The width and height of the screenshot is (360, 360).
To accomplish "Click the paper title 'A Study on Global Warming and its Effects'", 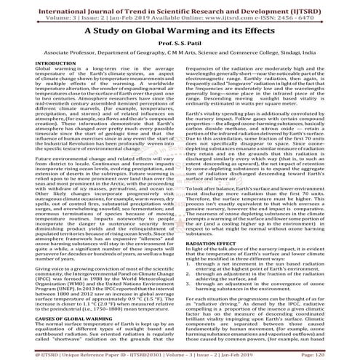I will click(180, 32).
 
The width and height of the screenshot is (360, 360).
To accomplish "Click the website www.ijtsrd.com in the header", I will click(191, 14).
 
